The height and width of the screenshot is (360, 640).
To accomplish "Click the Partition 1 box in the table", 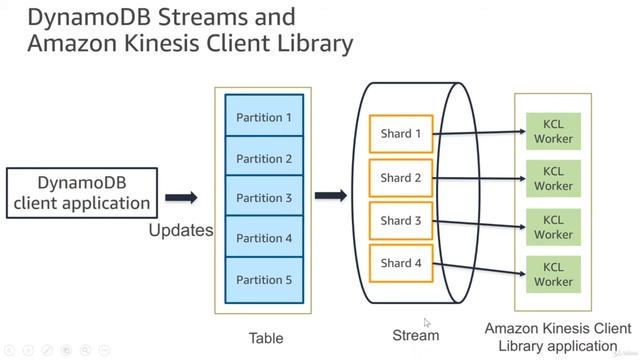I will pyautogui.click(x=264, y=117).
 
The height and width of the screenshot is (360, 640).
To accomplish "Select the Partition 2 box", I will pyautogui.click(x=264, y=158).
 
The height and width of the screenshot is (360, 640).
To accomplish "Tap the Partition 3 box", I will pyautogui.click(x=264, y=198).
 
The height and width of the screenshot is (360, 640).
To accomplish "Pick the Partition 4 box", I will pyautogui.click(x=264, y=238).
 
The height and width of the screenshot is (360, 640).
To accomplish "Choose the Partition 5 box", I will pyautogui.click(x=264, y=280).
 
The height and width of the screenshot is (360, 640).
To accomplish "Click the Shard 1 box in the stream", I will pyautogui.click(x=401, y=134).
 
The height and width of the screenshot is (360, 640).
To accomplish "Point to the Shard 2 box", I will pyautogui.click(x=401, y=178).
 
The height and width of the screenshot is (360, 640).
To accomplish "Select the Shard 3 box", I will pyautogui.click(x=401, y=220).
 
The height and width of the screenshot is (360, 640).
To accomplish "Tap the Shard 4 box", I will pyautogui.click(x=401, y=263).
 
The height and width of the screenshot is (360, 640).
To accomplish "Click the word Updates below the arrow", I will pyautogui.click(x=181, y=230).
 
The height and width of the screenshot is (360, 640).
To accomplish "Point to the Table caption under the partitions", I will pyautogui.click(x=265, y=337).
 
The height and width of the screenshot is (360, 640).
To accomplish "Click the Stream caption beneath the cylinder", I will pyautogui.click(x=415, y=335).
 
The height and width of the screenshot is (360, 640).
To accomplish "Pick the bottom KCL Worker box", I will pyautogui.click(x=553, y=274).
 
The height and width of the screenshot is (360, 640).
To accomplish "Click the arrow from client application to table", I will pyautogui.click(x=181, y=198).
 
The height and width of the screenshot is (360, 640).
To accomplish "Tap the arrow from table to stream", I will pyautogui.click(x=331, y=196).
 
